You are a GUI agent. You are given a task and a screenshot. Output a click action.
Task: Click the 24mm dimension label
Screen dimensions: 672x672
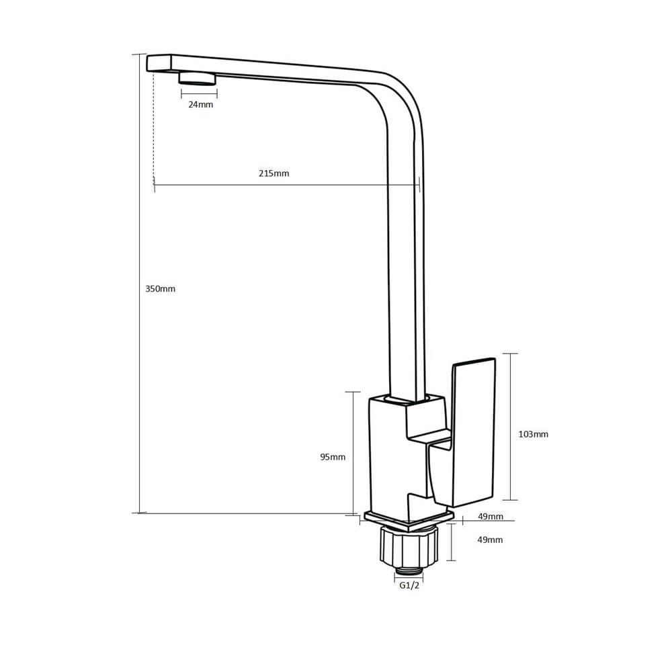point(200,105)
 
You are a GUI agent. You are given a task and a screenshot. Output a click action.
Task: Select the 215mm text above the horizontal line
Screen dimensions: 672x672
point(274,173)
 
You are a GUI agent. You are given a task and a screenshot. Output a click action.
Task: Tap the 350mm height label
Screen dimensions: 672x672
point(161,289)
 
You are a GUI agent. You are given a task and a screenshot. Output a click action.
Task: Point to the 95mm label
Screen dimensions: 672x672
point(333,457)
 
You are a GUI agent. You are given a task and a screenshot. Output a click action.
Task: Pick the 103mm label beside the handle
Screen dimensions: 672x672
point(533,434)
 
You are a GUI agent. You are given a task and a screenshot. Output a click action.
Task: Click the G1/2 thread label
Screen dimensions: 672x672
point(409,585)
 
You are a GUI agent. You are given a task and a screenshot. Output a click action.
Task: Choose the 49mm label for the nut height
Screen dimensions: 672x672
point(490,540)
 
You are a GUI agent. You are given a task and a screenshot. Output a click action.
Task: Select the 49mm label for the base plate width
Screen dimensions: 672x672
point(491,516)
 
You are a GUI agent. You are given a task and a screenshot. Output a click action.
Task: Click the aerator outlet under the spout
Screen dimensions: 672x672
point(198,79)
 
